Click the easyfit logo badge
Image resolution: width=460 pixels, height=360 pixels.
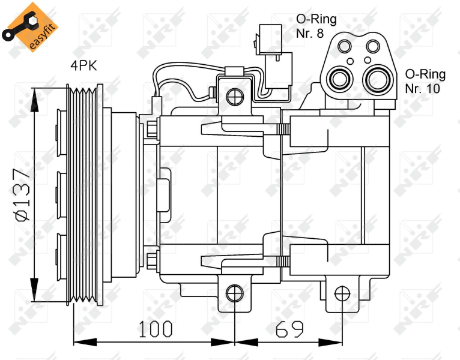pyautogui.click(x=30, y=27)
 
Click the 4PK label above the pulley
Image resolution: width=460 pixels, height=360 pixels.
pyautogui.click(x=83, y=65)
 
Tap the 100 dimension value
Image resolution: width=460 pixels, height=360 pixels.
pyautogui.click(x=155, y=329)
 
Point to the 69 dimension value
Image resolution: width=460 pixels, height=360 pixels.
pyautogui.click(x=289, y=329)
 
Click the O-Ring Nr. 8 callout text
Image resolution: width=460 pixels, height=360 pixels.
pyautogui.click(x=316, y=26)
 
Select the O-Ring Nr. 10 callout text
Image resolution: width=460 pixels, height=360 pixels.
pyautogui.click(x=425, y=81)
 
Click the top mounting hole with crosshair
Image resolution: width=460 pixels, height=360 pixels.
pyautogui.click(x=235, y=97)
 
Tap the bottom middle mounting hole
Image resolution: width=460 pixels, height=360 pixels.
pyautogui.click(x=235, y=293)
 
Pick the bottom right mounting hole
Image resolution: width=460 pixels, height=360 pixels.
pyautogui.click(x=342, y=293)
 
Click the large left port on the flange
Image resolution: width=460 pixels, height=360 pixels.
pyautogui.click(x=340, y=79)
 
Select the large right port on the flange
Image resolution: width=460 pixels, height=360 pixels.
pyautogui.click(x=378, y=79)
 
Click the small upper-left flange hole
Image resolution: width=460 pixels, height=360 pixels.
pyautogui.click(x=345, y=46)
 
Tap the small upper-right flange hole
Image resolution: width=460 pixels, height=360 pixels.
pyautogui.click(x=373, y=46)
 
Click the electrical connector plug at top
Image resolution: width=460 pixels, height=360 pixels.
pyautogui.click(x=273, y=56)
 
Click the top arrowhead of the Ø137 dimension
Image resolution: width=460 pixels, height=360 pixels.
pyautogui.click(x=34, y=100)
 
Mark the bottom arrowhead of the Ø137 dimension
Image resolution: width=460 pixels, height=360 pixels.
pyautogui.click(x=34, y=290)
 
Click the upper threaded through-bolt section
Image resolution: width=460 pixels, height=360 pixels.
pyautogui.click(x=283, y=129)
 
